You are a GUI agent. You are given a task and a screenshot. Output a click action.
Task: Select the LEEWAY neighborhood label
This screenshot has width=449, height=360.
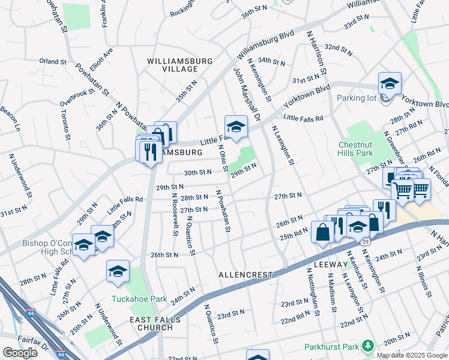coord(330,264)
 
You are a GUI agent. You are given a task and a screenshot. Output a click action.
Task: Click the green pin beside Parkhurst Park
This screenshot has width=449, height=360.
coord(367,346)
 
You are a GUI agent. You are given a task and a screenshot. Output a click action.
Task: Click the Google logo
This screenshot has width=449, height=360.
coord(20,353)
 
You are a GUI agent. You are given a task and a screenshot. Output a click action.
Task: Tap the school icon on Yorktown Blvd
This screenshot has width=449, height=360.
coord(389,83)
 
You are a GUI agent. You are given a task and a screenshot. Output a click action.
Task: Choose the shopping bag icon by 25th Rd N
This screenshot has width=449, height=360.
coord(322,232)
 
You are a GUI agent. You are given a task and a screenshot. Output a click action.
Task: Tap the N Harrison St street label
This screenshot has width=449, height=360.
coord(316,54)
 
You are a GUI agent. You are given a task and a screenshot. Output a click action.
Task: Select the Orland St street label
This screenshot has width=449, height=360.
coord(53,61)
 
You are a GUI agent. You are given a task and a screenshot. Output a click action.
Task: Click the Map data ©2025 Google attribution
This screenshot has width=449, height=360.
coord(412,355)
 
